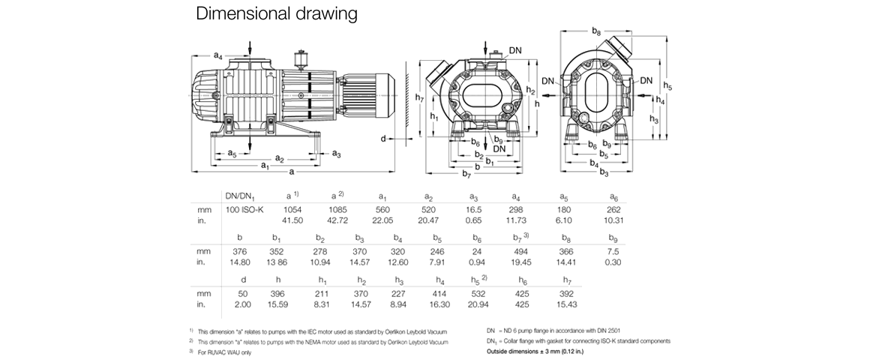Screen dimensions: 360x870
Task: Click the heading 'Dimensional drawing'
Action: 276,14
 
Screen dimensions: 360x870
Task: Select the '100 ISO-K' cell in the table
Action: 244,210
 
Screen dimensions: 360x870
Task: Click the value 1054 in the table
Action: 293,210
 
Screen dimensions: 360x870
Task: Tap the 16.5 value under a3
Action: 473,210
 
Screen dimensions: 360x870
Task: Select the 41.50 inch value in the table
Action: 293,221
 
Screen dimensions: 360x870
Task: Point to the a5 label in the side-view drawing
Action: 232,154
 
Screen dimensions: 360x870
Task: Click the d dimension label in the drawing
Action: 383,139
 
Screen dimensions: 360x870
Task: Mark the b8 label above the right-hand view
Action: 596,31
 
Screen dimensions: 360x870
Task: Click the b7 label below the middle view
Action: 467,175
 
